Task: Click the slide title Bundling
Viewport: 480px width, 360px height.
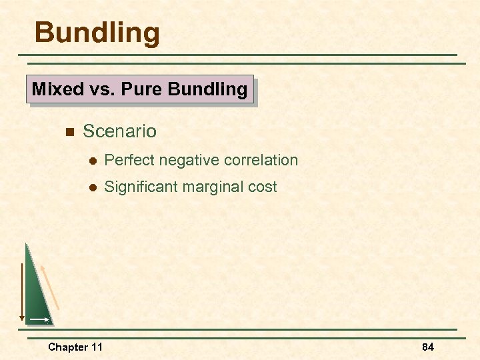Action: [x=97, y=32]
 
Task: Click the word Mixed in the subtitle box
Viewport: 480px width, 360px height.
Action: [x=57, y=89]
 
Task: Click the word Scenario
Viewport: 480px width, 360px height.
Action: [x=120, y=131]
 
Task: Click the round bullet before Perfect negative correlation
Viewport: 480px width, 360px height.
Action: [x=94, y=161]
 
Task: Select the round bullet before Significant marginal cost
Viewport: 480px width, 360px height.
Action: [x=94, y=188]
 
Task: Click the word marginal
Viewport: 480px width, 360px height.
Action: [x=213, y=187]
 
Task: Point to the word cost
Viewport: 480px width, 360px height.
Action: [x=262, y=187]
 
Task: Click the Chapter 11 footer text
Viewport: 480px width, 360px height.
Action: [x=75, y=347]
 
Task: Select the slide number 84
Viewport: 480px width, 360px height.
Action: [x=428, y=347]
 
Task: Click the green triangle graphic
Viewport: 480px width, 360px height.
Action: [x=36, y=293]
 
